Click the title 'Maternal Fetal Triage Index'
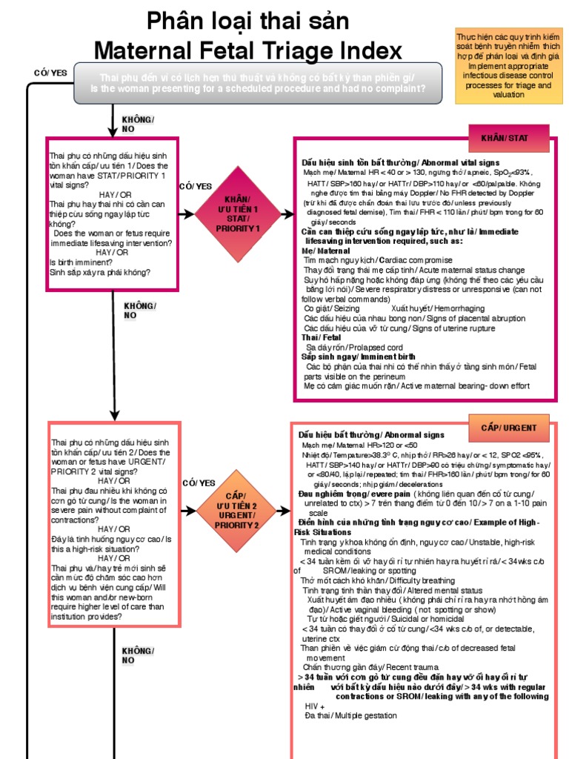coord(249,50)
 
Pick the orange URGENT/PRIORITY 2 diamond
coord(237,510)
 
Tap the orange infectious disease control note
coord(508,64)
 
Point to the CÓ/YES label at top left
coord(50,72)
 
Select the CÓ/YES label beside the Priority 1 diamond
coord(196,186)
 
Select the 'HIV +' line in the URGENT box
coord(315,706)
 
